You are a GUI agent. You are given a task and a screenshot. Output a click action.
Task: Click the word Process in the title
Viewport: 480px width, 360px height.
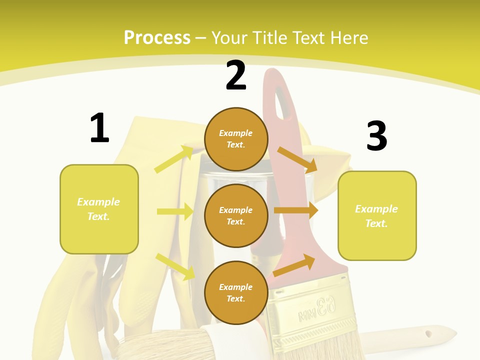157,37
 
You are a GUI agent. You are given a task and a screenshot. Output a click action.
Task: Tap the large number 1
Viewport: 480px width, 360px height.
99,128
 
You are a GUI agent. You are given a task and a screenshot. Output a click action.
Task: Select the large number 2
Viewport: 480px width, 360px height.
236,75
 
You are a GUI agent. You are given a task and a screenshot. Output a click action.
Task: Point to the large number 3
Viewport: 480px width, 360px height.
376,136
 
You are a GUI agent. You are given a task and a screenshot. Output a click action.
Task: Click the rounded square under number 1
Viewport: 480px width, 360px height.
99,209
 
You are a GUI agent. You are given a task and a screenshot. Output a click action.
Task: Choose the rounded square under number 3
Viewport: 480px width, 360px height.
377,215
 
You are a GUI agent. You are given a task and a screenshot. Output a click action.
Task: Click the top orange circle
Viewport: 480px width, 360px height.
236,139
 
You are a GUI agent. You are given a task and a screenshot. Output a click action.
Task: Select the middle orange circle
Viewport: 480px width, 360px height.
236,215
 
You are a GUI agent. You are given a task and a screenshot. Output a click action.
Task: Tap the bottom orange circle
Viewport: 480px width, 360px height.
236,292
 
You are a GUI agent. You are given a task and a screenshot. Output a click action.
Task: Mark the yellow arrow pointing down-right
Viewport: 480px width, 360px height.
175,266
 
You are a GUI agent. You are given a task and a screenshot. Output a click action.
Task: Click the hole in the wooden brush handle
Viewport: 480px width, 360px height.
428,332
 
